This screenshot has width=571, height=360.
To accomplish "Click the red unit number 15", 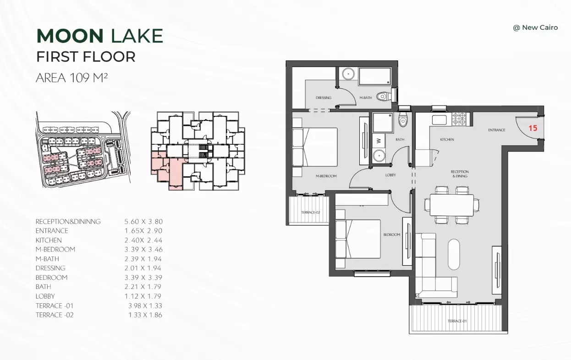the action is click(533, 128).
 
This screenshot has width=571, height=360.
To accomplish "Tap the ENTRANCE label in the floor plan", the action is click(496, 130).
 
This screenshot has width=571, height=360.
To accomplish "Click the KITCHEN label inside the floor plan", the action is click(447, 139).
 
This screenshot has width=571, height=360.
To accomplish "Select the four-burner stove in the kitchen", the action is click(459, 119).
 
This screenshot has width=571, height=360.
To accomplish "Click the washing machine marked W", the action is click(379, 141).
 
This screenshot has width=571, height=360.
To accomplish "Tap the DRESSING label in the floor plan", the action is click(324, 98).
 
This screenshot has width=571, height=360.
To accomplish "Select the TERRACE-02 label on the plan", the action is click(310, 212).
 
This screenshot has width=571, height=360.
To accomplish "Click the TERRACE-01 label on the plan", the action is click(457, 321).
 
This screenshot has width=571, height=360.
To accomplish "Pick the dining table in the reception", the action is click(452, 205).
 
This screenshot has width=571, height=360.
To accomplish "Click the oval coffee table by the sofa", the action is click(454, 254).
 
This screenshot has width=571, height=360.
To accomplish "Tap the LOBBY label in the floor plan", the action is click(390, 175).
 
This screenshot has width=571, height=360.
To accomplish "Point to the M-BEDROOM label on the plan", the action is click(326, 176).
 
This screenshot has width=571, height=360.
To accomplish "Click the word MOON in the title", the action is click(70, 36).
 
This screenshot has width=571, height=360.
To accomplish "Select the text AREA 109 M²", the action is click(71, 78).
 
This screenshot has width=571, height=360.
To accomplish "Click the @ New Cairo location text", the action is click(535, 27).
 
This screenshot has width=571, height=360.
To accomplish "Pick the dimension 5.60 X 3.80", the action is click(143, 222).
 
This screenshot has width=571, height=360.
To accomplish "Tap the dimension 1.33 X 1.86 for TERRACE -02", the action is click(145, 315).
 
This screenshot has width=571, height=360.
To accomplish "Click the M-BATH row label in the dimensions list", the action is click(47, 259).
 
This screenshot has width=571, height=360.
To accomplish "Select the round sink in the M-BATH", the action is click(348, 74).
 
